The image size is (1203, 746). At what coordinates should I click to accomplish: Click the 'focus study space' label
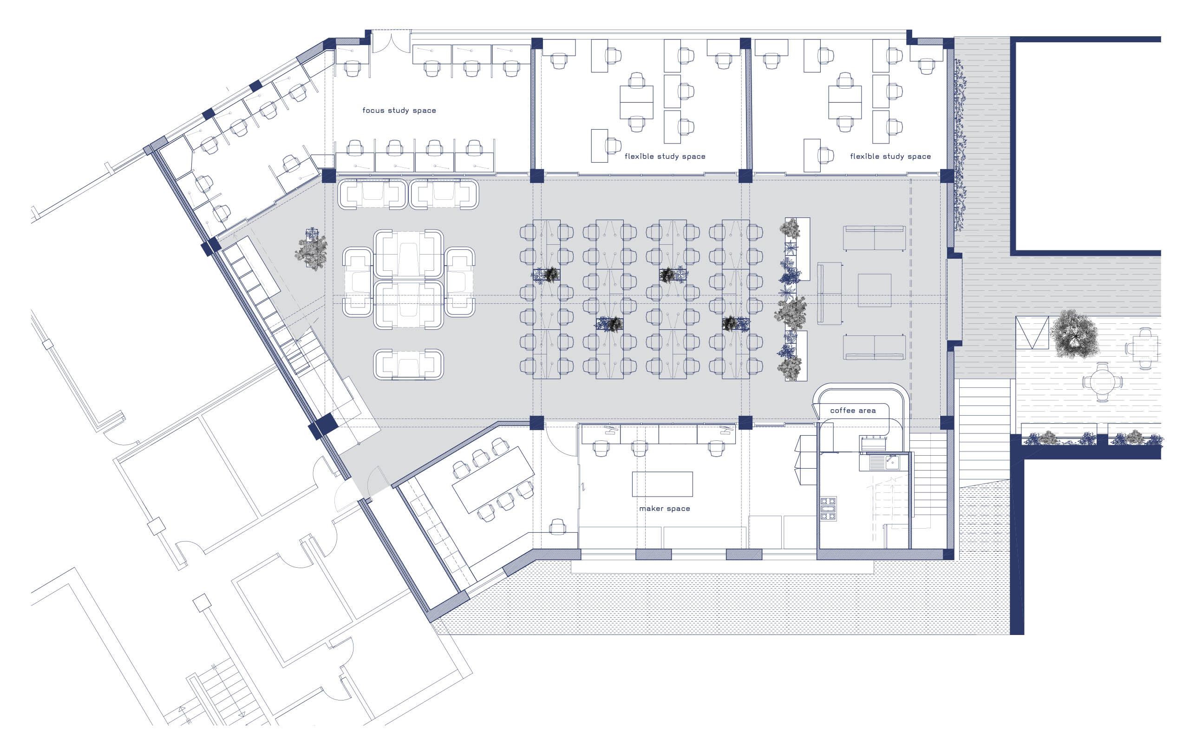[399, 110]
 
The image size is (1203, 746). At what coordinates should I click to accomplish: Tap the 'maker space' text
[664, 508]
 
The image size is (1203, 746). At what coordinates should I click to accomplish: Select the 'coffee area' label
[852, 410]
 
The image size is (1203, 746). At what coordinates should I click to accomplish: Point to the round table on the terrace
[1101, 381]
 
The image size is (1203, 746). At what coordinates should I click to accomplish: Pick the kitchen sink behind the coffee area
[885, 462]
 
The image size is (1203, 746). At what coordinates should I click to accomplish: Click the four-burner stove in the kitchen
[828, 509]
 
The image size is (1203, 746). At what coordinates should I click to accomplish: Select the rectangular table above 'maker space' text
[662, 484]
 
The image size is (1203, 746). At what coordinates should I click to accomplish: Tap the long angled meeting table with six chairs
[493, 479]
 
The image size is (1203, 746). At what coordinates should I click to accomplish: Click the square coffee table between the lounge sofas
[874, 290]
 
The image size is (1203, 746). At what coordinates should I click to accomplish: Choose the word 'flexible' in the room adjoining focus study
[639, 157]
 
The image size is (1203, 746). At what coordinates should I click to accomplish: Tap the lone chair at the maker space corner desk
[557, 526]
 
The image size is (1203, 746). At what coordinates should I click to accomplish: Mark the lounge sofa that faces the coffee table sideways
[830, 294]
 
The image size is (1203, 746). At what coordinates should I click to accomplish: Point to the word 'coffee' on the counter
[843, 410]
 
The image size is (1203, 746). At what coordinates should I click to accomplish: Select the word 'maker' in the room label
[651, 508]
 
